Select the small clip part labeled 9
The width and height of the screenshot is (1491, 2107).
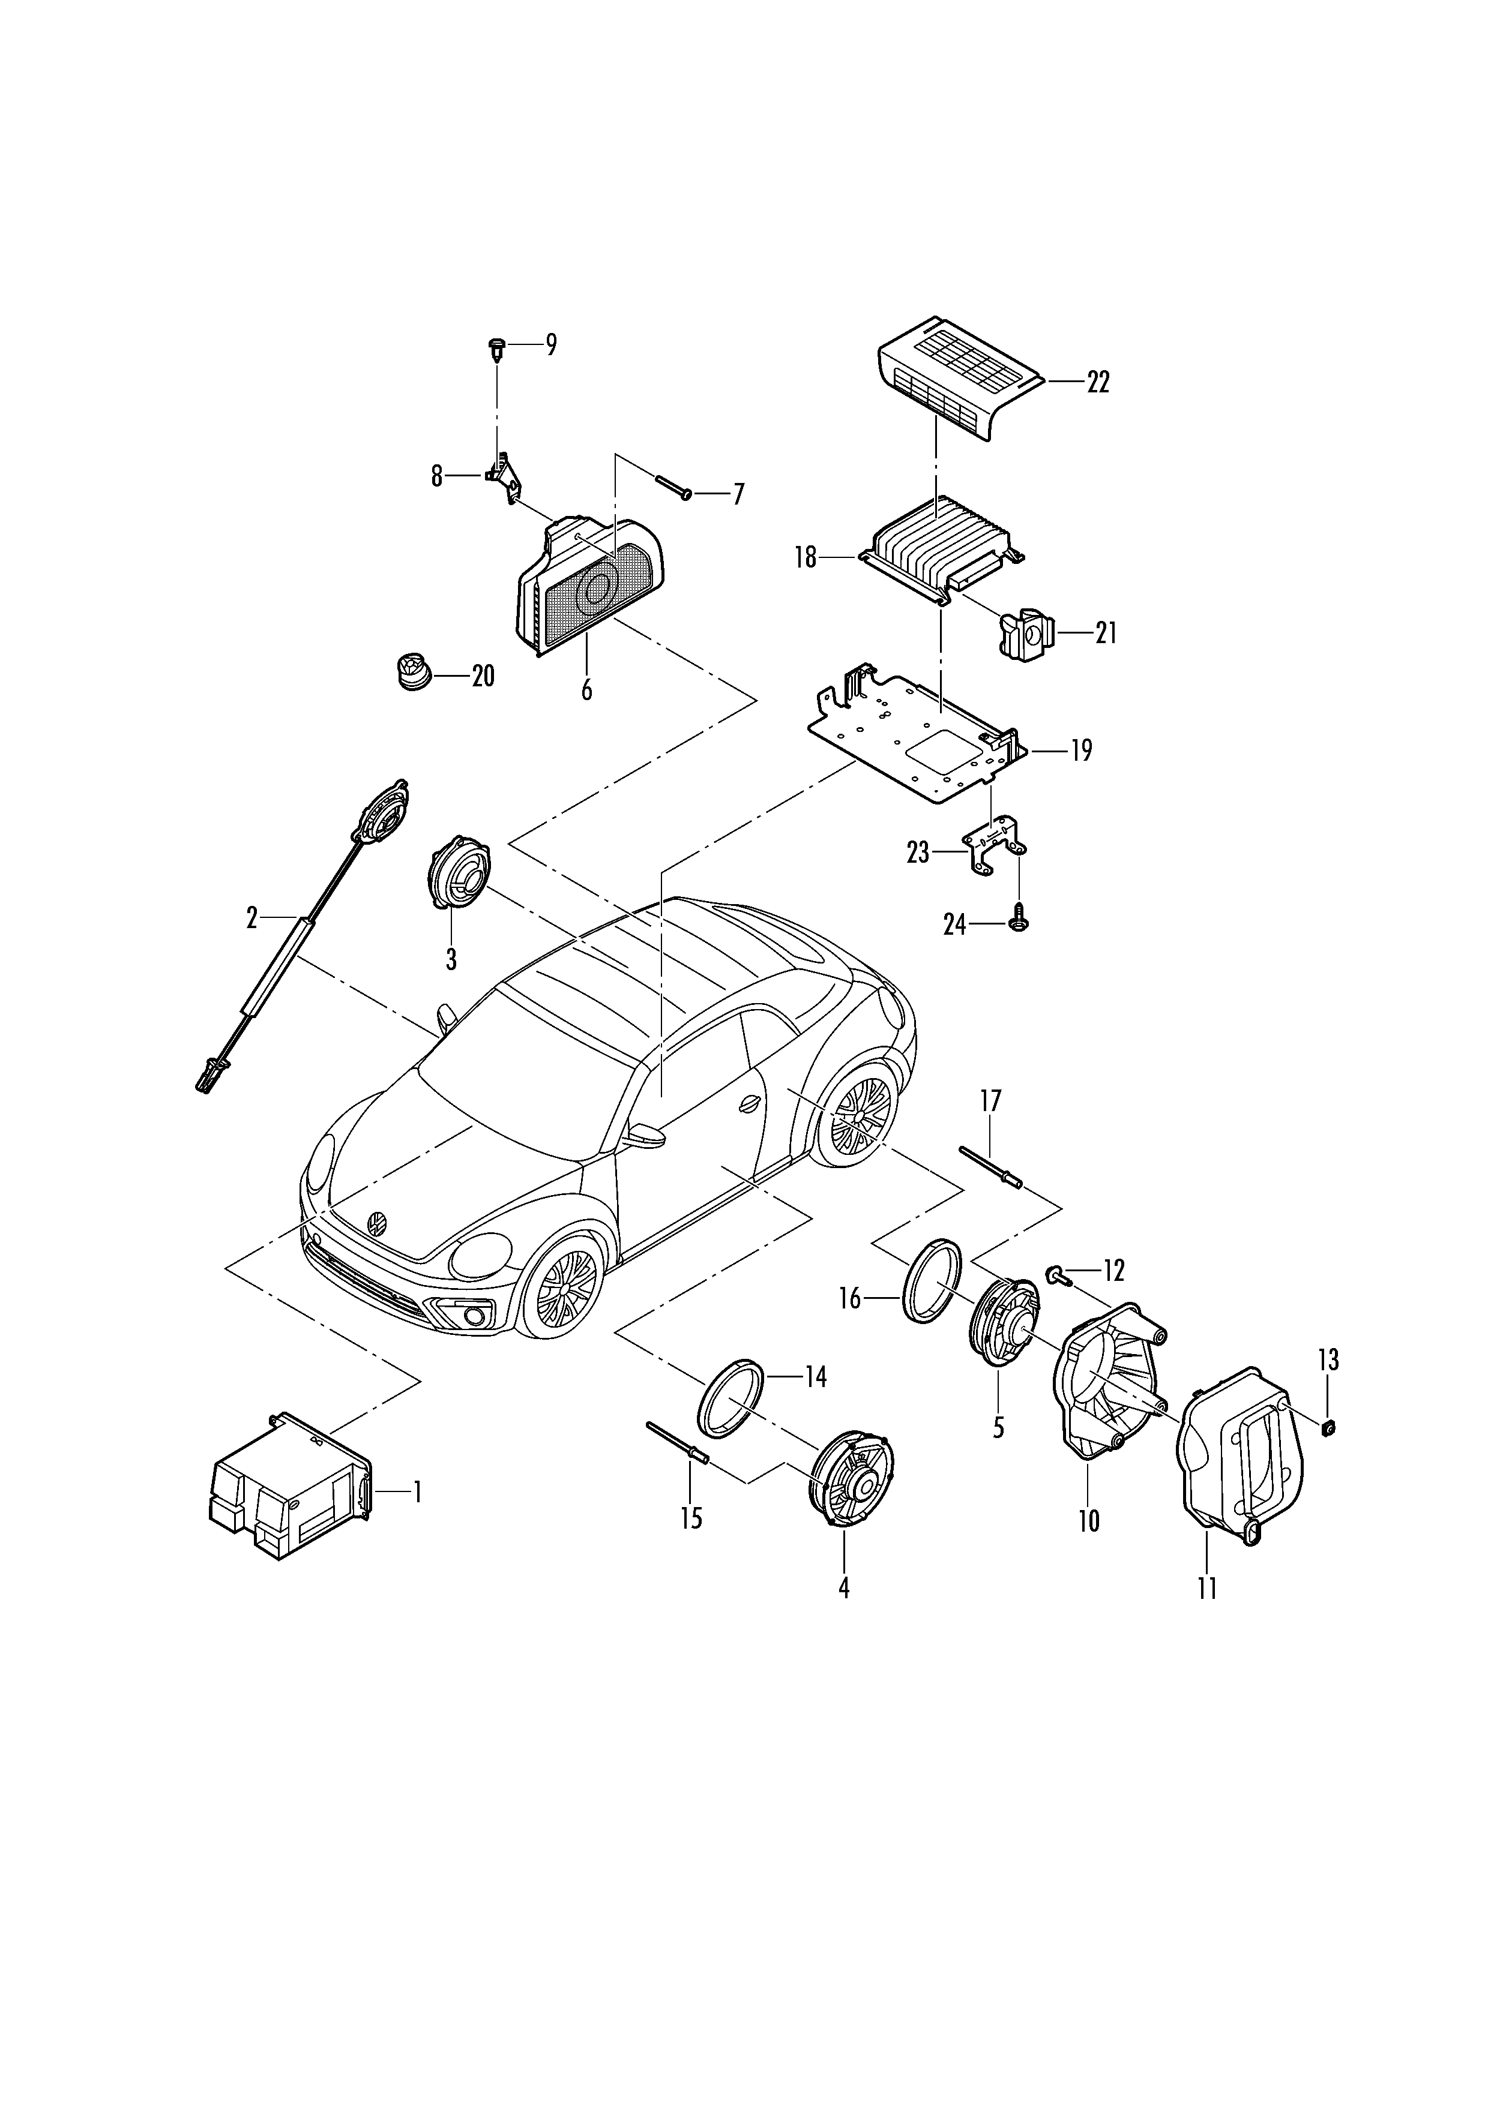(496, 349)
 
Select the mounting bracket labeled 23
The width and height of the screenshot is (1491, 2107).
(995, 845)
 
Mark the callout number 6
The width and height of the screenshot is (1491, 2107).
(586, 689)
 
